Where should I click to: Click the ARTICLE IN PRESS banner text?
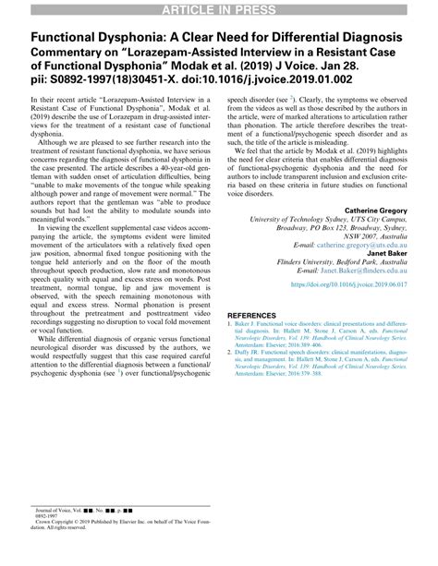219,9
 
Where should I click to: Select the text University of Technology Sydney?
289,221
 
